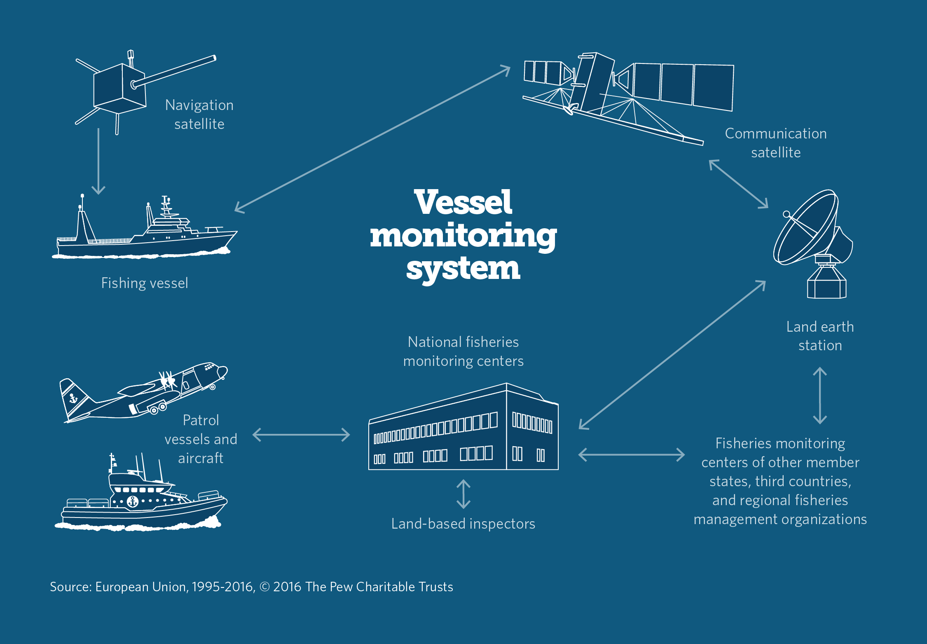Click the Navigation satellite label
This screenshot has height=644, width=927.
click(199, 115)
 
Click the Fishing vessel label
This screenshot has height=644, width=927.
click(145, 283)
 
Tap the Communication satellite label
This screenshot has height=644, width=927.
click(775, 143)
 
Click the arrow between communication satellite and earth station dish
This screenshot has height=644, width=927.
click(738, 184)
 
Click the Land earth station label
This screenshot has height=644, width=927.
click(820, 336)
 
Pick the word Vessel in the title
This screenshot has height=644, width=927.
click(463, 202)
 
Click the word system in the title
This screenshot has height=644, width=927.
click(463, 268)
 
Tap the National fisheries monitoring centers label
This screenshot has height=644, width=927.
click(463, 351)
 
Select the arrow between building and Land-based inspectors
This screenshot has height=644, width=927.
click(463, 494)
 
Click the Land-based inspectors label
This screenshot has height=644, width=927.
click(463, 524)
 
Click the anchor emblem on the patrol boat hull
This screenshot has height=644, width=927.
click(132, 501)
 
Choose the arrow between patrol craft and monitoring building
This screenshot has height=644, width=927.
click(301, 435)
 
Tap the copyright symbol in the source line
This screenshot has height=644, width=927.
click(265, 587)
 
